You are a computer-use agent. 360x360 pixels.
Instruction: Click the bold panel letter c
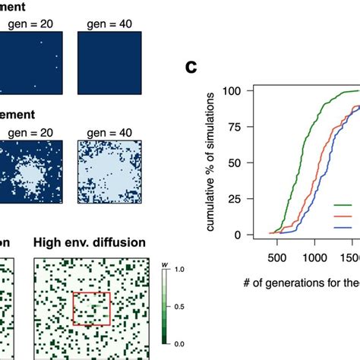click(193, 68)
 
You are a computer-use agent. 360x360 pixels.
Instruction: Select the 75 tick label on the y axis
click(238, 127)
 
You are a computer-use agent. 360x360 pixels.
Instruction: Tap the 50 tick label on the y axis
click(238, 163)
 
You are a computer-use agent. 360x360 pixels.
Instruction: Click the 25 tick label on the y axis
click(238, 199)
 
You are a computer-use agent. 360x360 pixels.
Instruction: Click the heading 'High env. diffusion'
click(81, 244)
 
